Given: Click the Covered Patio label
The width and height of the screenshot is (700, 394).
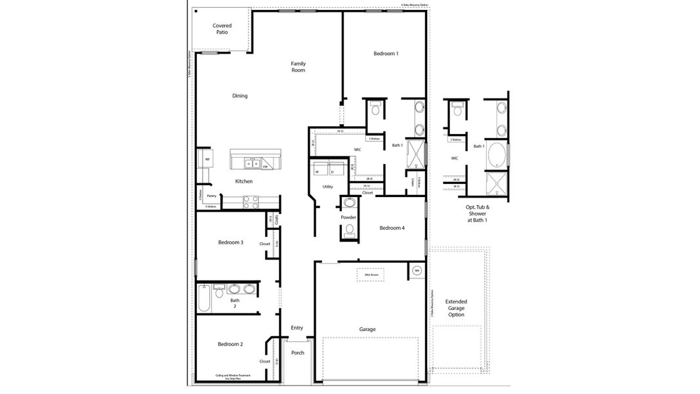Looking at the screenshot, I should click(x=222, y=29).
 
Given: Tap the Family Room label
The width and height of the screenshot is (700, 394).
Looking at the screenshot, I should click(x=299, y=67).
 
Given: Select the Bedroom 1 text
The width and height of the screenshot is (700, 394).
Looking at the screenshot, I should click(x=386, y=54).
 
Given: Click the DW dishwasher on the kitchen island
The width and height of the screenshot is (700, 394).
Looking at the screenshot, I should click(x=266, y=166).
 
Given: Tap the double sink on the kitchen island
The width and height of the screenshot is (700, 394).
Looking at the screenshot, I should click(x=253, y=164).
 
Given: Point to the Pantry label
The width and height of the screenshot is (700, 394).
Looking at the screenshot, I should click(x=211, y=196).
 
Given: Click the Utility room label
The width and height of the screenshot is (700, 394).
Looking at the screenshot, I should click(x=327, y=187).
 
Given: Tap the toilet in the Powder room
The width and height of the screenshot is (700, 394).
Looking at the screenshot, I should click(x=349, y=229).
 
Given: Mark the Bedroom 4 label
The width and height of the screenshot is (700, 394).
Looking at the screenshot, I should click(x=392, y=228).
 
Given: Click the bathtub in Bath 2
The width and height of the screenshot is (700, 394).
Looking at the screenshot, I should click(x=203, y=299).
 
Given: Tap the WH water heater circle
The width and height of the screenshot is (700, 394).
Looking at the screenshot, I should click(x=417, y=270).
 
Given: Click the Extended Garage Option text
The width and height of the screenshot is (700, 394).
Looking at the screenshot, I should click(x=456, y=308).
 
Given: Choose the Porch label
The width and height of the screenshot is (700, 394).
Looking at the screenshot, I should click(x=297, y=353).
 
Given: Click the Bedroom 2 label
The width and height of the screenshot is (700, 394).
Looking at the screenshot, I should click(x=230, y=344).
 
